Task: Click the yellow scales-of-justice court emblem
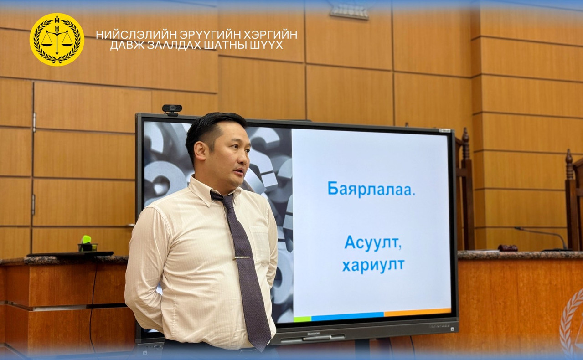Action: [57, 40]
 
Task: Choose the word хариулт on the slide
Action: [373, 265]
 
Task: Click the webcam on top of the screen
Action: [172, 110]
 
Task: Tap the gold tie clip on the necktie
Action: [241, 258]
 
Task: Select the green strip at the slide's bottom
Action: [302, 319]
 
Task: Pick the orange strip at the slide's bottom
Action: [418, 312]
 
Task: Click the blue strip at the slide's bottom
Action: [347, 316]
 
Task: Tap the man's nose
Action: [245, 159]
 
